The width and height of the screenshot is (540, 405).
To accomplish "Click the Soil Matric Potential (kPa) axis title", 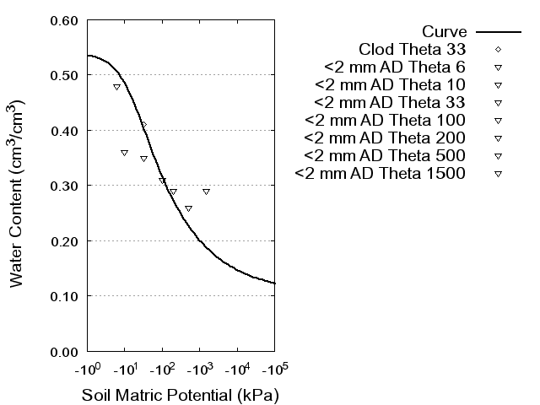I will (x=180, y=395).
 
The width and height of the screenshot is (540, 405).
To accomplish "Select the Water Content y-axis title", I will (x=19, y=193).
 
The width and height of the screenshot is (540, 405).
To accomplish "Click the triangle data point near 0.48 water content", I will (x=117, y=87).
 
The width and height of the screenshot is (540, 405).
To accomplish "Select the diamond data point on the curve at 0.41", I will (x=143, y=125).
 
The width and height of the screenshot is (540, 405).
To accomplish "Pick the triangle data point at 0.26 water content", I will (x=188, y=208).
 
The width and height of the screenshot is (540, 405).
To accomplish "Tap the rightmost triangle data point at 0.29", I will (x=206, y=192).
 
